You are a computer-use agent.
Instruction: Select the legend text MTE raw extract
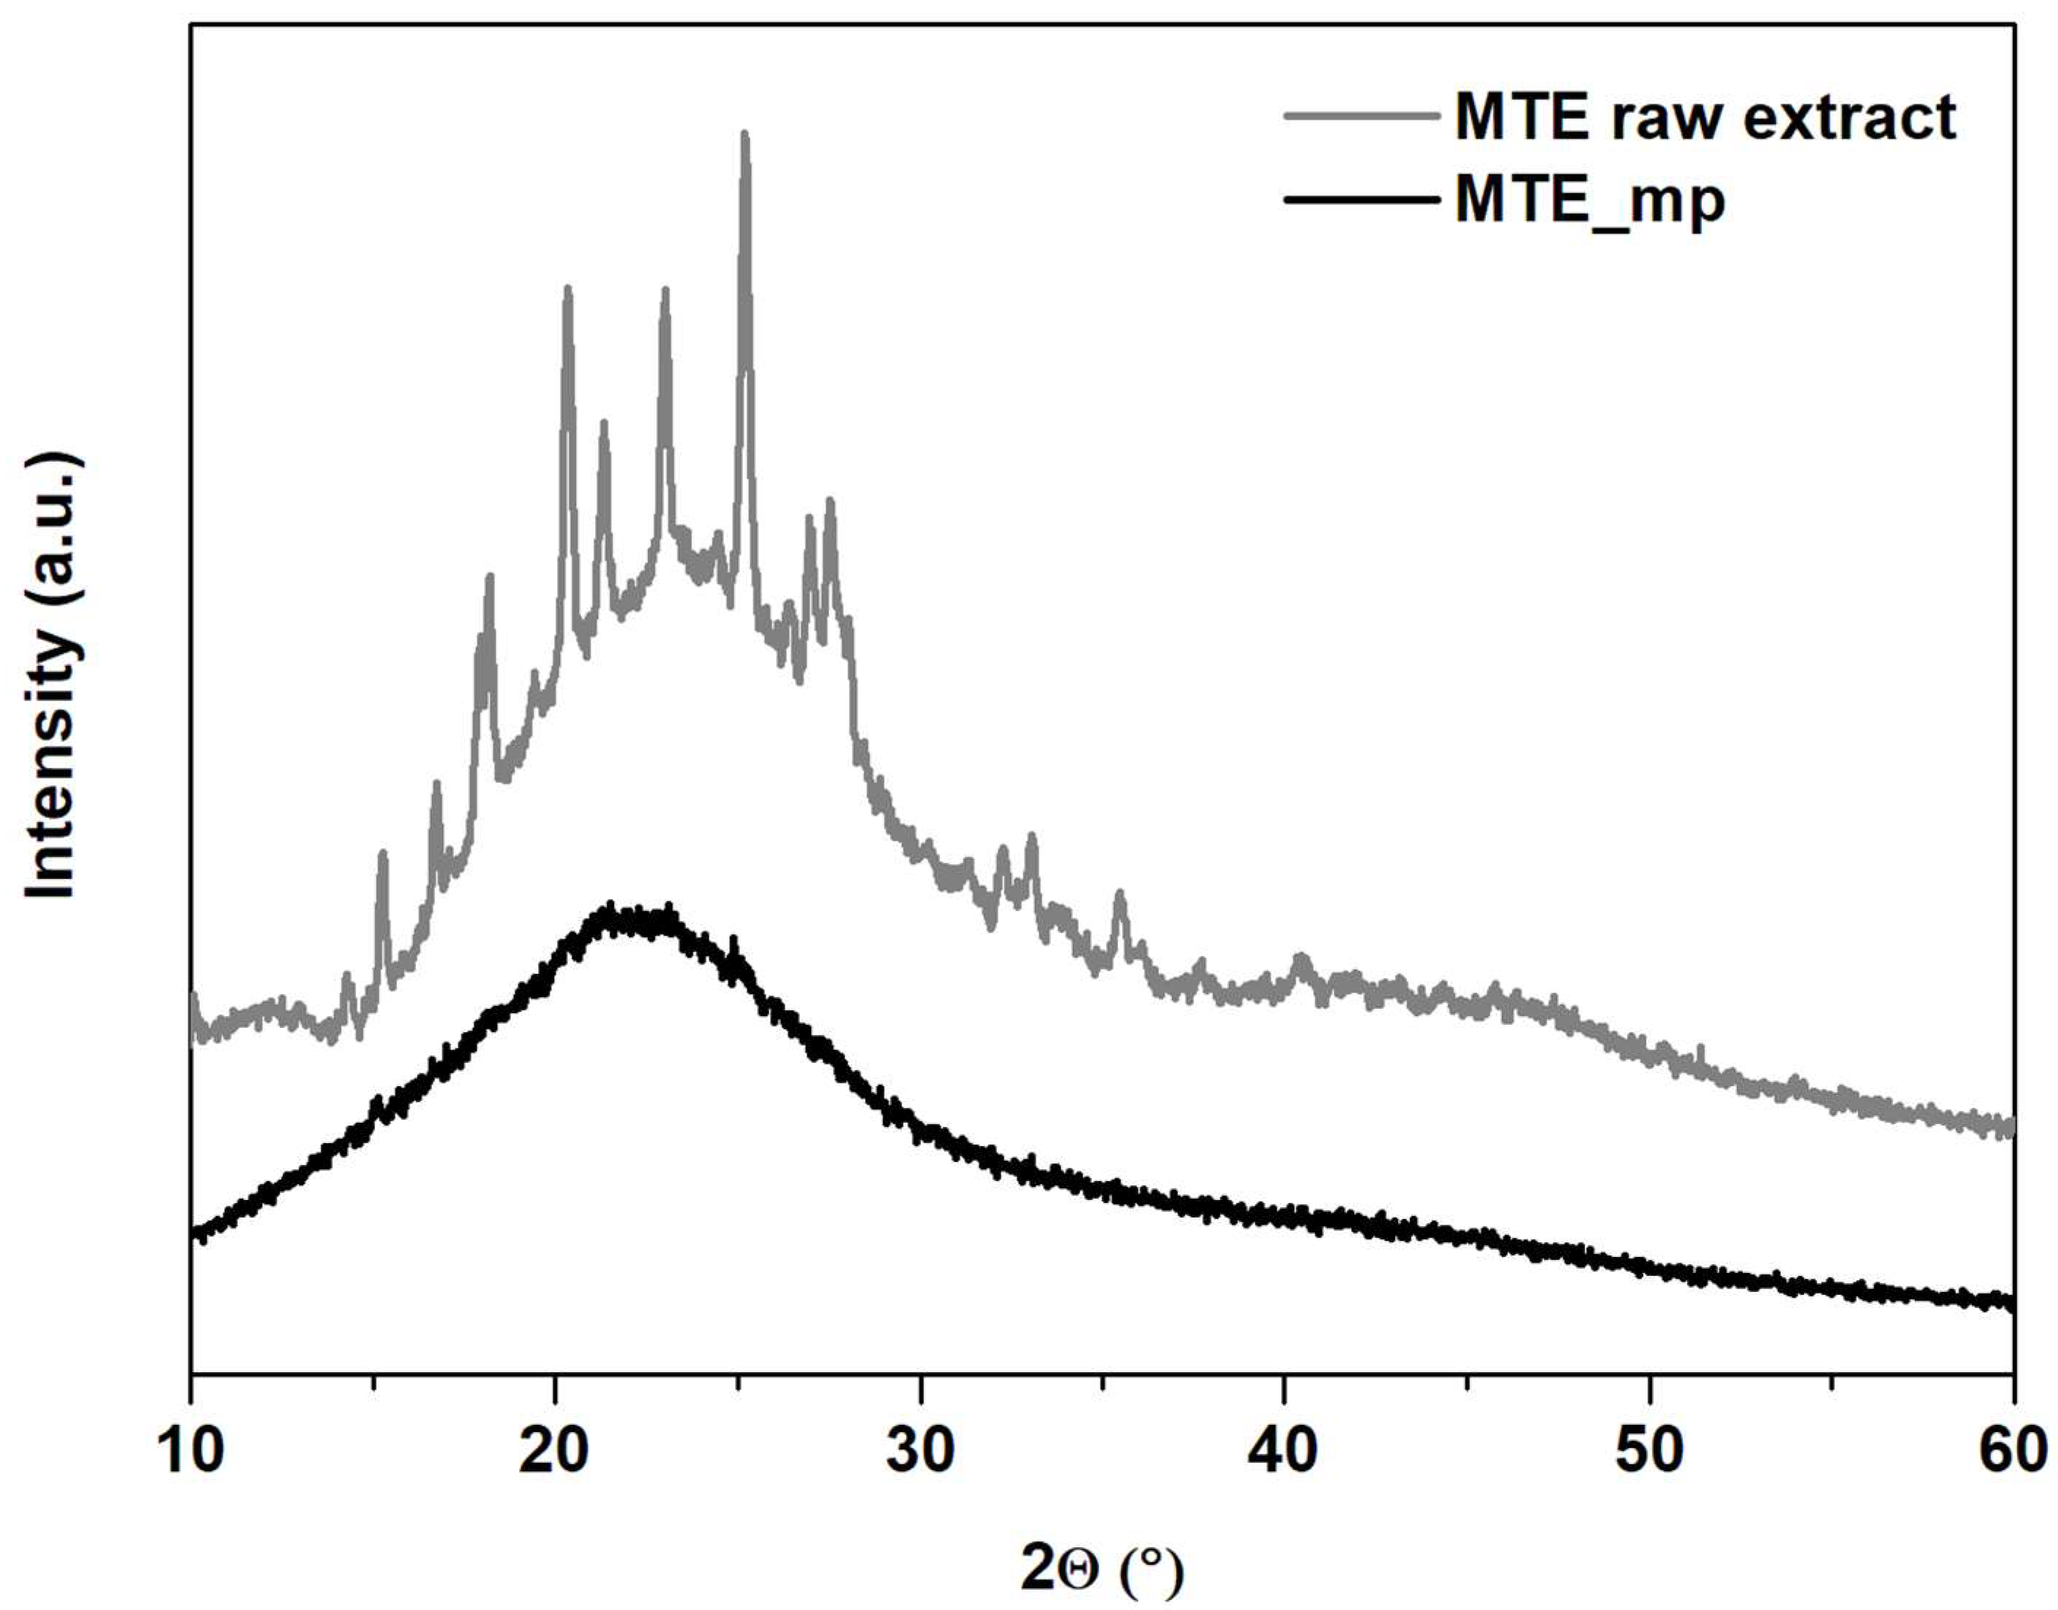pos(1706,118)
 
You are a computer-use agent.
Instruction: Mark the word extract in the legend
pos(1849,118)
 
